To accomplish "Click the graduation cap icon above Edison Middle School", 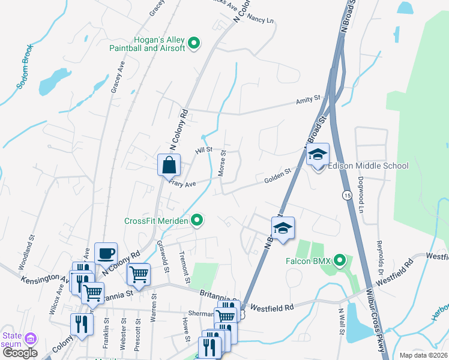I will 318,155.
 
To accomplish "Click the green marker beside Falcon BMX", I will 340,260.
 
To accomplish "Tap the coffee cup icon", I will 106,253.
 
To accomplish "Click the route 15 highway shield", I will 347,195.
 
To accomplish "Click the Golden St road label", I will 277,176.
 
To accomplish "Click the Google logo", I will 20,353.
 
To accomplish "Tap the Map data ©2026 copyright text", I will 423,355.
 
